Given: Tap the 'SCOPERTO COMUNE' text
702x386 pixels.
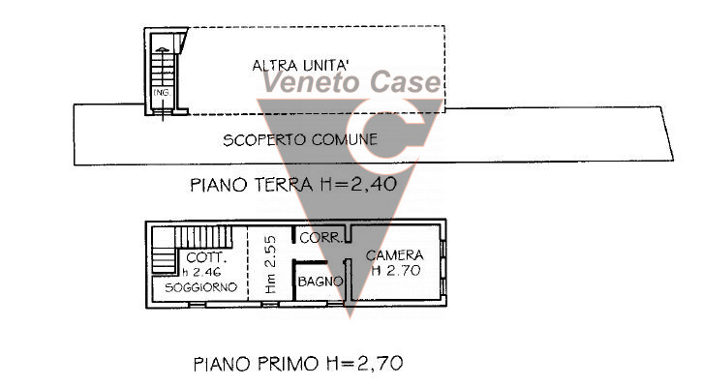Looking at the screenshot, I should (300, 140).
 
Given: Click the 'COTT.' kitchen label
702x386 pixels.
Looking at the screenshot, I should (206, 258).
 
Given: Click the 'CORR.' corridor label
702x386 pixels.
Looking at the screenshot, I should (317, 238).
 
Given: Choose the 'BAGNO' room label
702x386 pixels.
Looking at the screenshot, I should (319, 282).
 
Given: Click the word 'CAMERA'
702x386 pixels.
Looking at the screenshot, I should (394, 255).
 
